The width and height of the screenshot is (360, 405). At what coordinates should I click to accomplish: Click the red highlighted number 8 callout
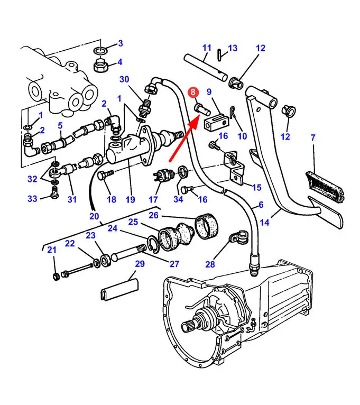tap(193, 92)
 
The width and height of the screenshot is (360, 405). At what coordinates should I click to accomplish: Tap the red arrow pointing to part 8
tap(184, 138)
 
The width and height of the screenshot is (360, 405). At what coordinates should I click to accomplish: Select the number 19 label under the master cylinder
tap(130, 199)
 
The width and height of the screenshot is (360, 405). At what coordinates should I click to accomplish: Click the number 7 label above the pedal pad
tap(313, 137)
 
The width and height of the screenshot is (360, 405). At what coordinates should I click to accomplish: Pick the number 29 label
tap(140, 264)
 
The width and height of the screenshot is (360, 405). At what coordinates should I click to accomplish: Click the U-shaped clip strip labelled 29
tap(119, 289)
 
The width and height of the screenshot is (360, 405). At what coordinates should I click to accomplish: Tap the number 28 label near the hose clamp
tap(210, 264)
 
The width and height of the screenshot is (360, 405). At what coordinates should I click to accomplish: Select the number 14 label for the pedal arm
tap(264, 222)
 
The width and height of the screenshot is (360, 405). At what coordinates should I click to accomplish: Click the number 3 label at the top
tap(121, 43)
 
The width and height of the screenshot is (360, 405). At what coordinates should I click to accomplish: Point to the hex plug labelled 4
tap(101, 67)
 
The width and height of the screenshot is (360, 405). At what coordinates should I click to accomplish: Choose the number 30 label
tap(124, 79)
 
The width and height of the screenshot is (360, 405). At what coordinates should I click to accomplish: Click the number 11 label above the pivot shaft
tap(207, 48)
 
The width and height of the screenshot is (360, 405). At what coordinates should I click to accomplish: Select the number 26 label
tap(153, 215)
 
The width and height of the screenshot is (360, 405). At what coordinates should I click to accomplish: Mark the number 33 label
tap(32, 199)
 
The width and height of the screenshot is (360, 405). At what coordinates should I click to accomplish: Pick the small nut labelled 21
tap(56, 277)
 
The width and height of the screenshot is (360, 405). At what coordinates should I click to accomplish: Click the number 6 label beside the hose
tap(261, 205)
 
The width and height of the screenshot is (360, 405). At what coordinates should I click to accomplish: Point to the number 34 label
tap(178, 199)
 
